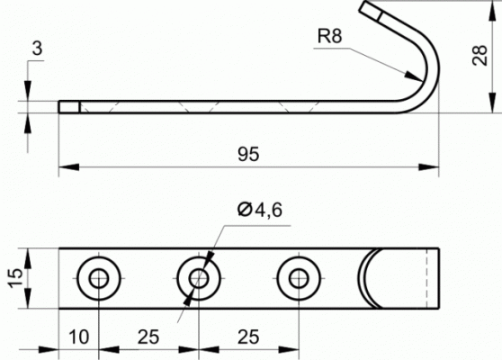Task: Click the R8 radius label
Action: pos(330,36)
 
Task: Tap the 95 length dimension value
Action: pos(248,154)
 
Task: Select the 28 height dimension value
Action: pos(480,56)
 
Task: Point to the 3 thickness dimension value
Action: pos(37,49)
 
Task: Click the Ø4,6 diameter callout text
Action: pos(260,210)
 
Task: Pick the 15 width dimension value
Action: pos(16,277)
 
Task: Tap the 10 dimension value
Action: pos(79,337)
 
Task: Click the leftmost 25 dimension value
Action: pos(148,337)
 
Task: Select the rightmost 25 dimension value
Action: pos(248,337)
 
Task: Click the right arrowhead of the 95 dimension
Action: pos(429,166)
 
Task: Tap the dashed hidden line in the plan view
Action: pos(426,278)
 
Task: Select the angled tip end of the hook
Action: pos(370,10)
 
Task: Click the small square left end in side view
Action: pos(69,107)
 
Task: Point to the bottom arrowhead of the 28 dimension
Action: pos(491,103)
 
